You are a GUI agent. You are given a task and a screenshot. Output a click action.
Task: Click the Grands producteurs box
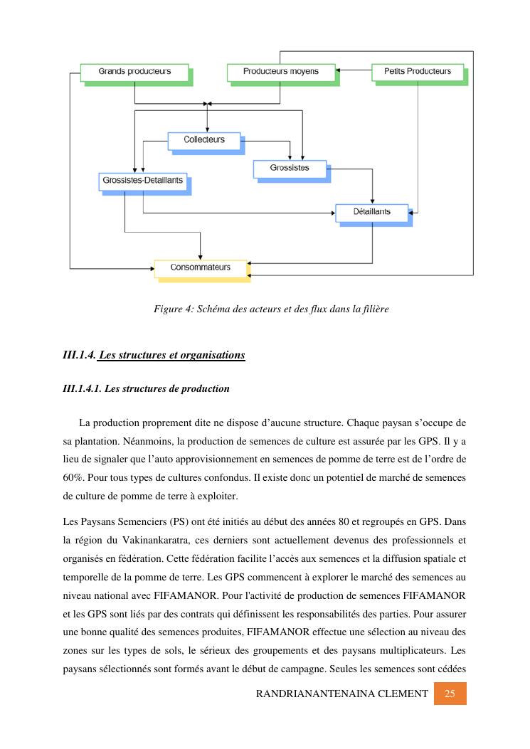134,72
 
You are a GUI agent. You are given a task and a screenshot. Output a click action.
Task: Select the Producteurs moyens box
280,72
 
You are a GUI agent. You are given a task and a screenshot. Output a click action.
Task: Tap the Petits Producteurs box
418,72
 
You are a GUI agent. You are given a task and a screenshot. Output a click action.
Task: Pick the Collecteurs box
203,140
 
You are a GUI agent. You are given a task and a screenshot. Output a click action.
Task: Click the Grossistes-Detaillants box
142,181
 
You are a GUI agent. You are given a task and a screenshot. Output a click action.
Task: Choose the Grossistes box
290,169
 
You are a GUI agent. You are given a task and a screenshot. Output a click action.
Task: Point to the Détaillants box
372,212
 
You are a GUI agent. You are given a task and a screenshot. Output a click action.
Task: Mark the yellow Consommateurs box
201,268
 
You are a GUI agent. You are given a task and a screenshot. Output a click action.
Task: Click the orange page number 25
450,694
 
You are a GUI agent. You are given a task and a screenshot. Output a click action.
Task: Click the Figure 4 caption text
271,309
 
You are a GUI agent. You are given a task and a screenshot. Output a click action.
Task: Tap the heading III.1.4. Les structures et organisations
154,355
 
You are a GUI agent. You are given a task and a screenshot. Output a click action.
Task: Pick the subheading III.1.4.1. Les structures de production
147,388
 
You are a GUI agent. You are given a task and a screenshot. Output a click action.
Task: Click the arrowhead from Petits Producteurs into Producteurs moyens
339,71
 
